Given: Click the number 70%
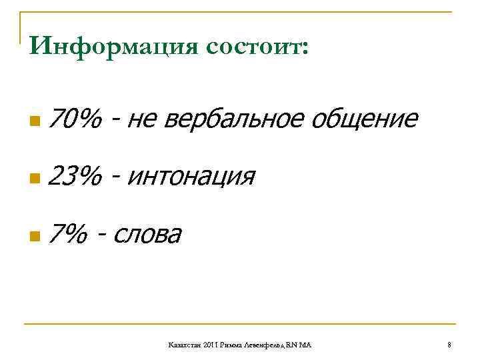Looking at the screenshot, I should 75,120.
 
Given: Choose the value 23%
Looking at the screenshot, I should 75,177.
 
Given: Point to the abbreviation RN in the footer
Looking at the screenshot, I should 294,344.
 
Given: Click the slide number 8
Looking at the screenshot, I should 449,344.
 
